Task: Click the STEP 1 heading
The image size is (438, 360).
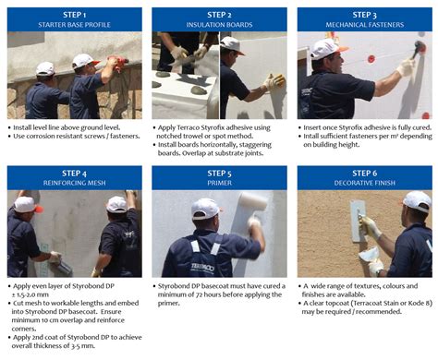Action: tap(74, 14)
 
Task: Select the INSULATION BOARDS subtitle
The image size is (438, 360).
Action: tap(219, 25)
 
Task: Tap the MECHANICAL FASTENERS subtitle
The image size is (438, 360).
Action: tap(364, 25)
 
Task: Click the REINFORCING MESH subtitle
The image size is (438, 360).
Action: tap(74, 183)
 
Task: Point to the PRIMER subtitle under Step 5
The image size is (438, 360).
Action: tap(219, 183)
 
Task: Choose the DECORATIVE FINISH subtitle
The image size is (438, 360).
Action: tap(364, 183)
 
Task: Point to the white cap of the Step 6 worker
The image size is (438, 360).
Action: tap(417, 200)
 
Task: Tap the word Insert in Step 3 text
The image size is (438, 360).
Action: tap(319, 126)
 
